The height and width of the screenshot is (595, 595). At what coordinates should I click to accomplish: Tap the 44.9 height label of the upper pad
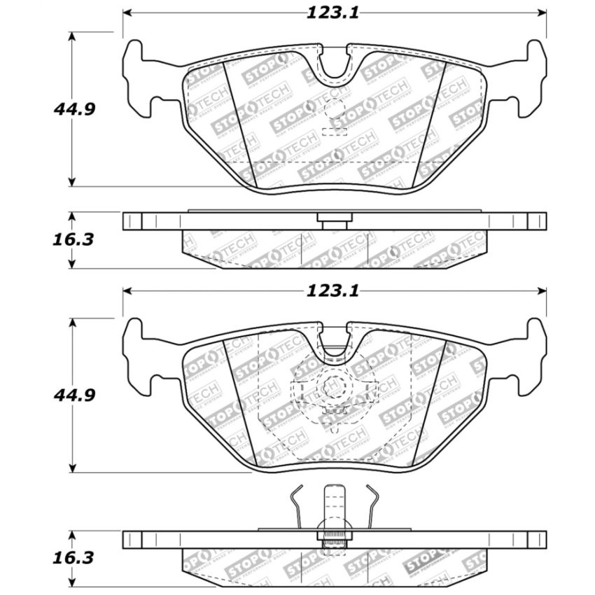[x=74, y=109]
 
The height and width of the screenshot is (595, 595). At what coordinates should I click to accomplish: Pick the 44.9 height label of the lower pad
[x=74, y=395]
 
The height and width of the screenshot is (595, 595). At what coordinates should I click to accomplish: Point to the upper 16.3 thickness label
[x=73, y=239]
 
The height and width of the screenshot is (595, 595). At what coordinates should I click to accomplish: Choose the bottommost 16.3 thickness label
[x=73, y=559]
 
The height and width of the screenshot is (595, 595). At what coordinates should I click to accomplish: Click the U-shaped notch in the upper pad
[x=335, y=63]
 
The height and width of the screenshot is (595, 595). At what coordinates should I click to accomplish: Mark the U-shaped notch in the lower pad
[x=335, y=342]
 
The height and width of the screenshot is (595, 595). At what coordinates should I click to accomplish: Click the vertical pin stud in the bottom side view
[x=334, y=511]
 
